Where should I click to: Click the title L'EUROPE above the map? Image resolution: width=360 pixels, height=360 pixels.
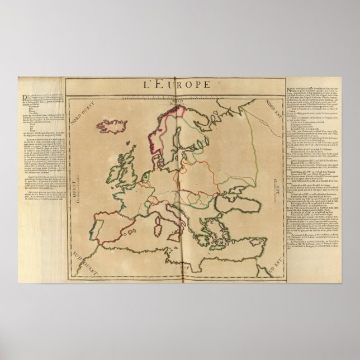point(179,86)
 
